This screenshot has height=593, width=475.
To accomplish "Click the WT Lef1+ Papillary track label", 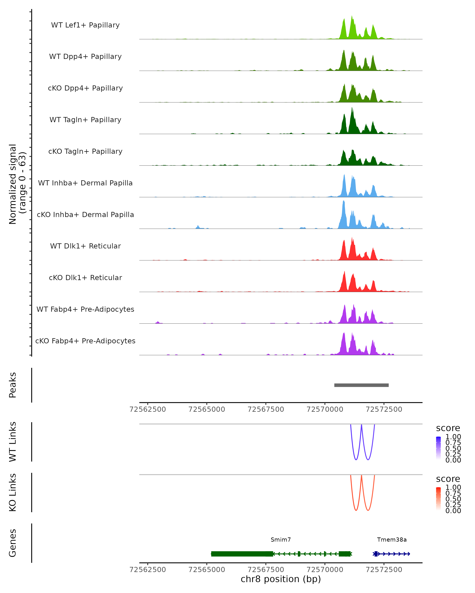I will [85, 25].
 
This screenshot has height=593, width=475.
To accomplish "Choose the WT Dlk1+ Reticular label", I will [85, 246].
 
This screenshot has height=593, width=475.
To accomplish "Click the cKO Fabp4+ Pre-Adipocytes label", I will [85, 341].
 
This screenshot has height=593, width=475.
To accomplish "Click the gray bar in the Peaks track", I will [361, 385].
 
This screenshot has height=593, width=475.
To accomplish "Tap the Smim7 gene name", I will [281, 540].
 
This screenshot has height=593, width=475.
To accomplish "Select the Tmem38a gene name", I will [391, 540].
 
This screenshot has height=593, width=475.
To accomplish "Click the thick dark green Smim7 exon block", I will [242, 554].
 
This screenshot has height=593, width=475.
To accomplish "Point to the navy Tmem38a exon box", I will [376, 554].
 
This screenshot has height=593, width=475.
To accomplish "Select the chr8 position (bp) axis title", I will [281, 579].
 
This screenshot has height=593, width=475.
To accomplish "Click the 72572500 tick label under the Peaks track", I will [384, 409].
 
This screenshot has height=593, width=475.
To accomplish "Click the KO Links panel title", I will [13, 492].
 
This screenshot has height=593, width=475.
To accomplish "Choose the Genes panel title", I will [13, 543].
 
